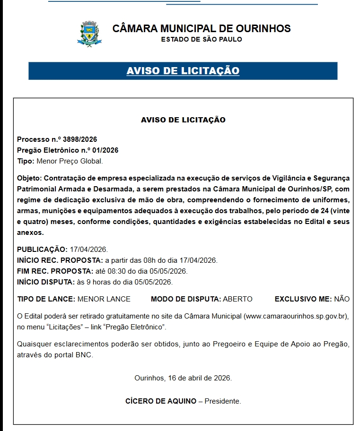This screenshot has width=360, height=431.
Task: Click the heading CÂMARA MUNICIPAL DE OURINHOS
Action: point(202,28)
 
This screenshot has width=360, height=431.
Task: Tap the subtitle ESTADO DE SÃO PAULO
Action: point(202,39)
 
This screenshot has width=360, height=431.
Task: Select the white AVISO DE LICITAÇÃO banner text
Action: point(183,71)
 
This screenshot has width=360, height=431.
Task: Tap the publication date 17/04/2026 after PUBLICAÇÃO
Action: point(89,249)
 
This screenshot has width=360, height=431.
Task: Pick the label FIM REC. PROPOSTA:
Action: point(55,271)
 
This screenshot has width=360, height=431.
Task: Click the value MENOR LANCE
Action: point(104,299)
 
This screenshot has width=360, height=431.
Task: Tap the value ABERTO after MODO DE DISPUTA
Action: point(237,299)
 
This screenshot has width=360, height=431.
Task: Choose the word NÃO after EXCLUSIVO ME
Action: point(342,299)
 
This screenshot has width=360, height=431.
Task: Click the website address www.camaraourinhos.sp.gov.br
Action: point(296,316)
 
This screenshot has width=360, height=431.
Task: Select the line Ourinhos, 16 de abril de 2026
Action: point(183,378)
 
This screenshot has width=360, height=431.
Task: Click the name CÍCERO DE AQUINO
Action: point(161,401)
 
